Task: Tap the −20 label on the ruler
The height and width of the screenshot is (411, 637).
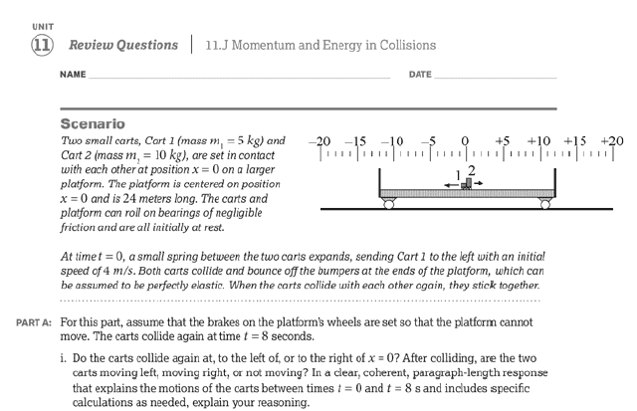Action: click(319, 141)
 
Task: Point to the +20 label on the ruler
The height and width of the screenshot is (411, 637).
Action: click(610, 141)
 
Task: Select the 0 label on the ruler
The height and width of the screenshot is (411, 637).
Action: click(465, 141)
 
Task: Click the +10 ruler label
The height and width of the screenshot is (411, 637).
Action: click(537, 141)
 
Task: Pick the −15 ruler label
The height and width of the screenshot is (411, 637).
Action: click(355, 141)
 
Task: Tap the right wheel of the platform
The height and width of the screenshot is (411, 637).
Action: click(542, 204)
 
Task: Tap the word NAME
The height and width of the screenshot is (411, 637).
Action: click(72, 76)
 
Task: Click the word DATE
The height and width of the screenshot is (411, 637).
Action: click(420, 76)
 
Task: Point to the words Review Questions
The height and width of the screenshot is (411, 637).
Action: click(125, 45)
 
